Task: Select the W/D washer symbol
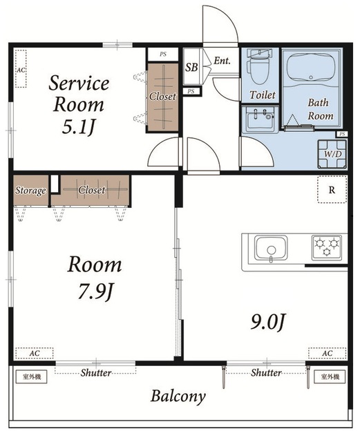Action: [332, 154]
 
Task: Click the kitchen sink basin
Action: [271, 248]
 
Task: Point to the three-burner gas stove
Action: [326, 247]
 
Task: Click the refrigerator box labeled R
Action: [332, 189]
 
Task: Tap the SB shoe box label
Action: [191, 67]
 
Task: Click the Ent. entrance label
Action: [222, 60]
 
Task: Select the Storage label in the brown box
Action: [30, 191]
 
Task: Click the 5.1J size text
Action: [78, 128]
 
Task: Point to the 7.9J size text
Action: [95, 291]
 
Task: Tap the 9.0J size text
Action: [267, 322]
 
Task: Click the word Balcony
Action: [178, 396]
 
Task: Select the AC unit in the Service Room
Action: [21, 69]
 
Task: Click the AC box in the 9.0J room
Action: [327, 353]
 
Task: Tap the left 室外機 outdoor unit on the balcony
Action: [32, 376]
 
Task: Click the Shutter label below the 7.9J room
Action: [96, 373]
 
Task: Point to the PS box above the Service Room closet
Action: [163, 54]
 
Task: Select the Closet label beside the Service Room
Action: [163, 97]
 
